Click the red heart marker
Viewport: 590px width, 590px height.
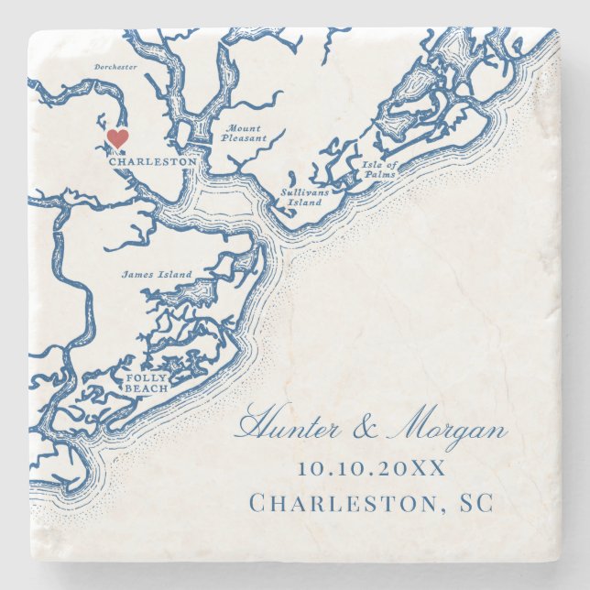tap(117, 138)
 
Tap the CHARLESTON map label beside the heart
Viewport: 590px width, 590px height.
tap(152, 162)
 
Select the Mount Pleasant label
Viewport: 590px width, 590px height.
tap(243, 134)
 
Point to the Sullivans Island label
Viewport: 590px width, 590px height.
tap(303, 198)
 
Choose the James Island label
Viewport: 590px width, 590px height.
tap(157, 274)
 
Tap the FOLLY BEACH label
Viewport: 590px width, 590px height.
tap(147, 383)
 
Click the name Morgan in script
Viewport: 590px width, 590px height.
tap(449, 431)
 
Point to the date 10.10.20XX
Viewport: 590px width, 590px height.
tap(371, 468)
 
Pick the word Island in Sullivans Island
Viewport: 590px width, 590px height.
tap(305, 202)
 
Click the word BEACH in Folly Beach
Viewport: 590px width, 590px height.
tap(147, 388)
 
